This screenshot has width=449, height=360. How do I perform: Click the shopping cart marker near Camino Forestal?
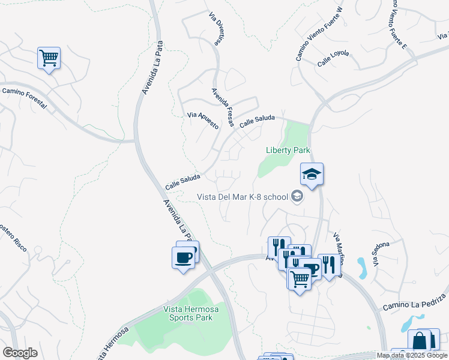coord(49,59)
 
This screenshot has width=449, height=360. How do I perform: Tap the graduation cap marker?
coord(312,175)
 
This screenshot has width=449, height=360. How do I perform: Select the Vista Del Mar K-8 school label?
coord(243,197)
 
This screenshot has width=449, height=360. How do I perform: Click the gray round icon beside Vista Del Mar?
coord(297,196)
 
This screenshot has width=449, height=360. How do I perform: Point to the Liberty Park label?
coord(288,150)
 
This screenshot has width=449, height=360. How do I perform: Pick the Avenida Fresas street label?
coord(222,107)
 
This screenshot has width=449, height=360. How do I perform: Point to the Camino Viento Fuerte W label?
coord(319,34)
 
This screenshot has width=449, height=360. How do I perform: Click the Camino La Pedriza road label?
coord(415,302)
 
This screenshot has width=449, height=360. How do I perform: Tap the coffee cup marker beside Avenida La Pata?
coord(184,259)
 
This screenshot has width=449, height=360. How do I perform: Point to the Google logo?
coord(20,353)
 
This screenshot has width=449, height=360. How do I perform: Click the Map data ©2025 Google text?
coord(412,355)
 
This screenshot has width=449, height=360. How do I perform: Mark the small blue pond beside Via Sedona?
coord(363,267)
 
